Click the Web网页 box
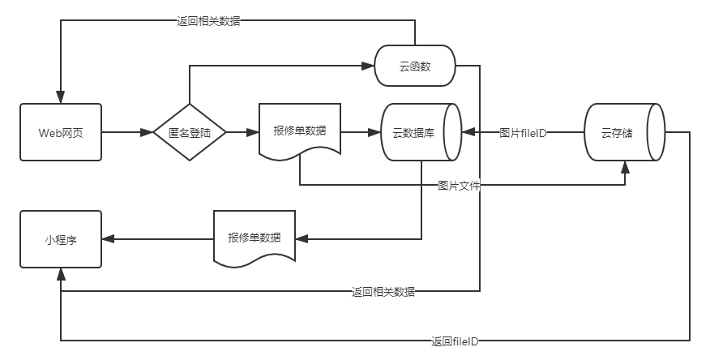pyautogui.click(x=61, y=132)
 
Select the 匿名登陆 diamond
pyautogui.click(x=190, y=132)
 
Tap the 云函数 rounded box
pyautogui.click(x=415, y=66)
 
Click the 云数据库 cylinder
pyautogui.click(x=420, y=132)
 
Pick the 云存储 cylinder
pyautogui.click(x=624, y=132)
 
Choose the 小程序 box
pyautogui.click(x=61, y=239)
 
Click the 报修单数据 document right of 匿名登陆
pyautogui.click(x=300, y=130)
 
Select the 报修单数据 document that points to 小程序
pyautogui.click(x=254, y=237)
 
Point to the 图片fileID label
pyautogui.click(x=523, y=133)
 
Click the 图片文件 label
pyautogui.click(x=459, y=186)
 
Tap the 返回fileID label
pyautogui.click(x=455, y=341)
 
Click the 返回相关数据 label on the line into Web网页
pyautogui.click(x=208, y=21)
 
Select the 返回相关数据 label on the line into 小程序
pyautogui.click(x=383, y=291)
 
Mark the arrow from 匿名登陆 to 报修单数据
pyautogui.click(x=242, y=132)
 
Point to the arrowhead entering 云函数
pyautogui.click(x=370, y=66)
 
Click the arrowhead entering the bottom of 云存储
pyautogui.click(x=625, y=167)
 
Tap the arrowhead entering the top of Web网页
pyautogui.click(x=61, y=97)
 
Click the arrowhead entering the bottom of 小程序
pyautogui.click(x=61, y=274)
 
